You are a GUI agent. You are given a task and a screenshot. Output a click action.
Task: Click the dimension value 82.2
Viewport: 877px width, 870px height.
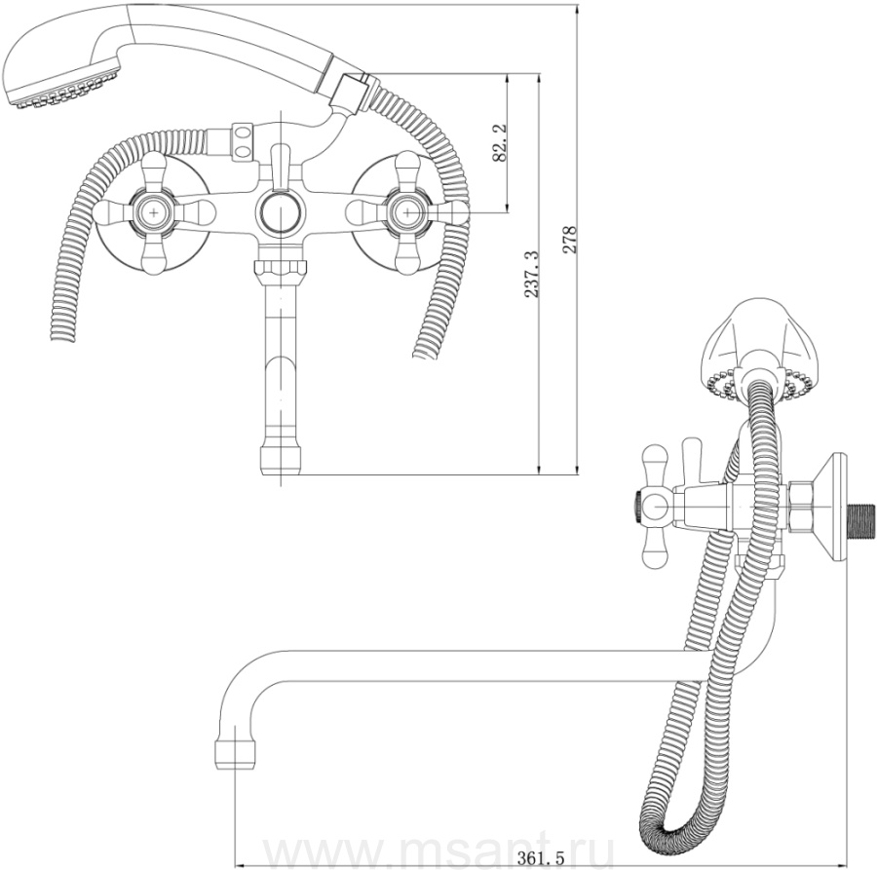(x=500, y=143)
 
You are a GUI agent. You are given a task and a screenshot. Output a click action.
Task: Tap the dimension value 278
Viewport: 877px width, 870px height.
(x=570, y=240)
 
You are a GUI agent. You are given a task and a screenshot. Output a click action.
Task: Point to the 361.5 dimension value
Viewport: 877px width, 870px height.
(x=540, y=857)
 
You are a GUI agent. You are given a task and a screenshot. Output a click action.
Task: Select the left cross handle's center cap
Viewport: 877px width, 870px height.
(x=153, y=212)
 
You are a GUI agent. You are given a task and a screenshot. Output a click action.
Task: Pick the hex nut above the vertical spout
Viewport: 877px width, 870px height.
(x=281, y=270)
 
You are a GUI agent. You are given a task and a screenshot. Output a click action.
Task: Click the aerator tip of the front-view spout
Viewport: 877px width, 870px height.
(x=281, y=460)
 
